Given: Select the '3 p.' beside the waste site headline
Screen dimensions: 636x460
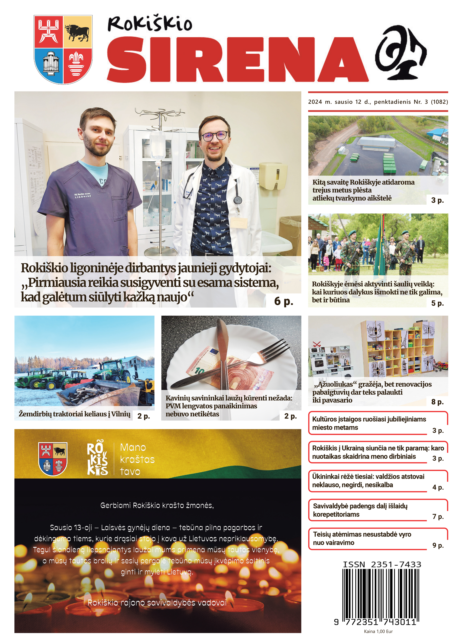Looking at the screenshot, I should pyautogui.click(x=437, y=200).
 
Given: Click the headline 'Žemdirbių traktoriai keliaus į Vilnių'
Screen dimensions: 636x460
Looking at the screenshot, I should pyautogui.click(x=75, y=414).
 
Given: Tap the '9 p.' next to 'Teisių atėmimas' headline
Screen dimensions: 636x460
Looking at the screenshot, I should pyautogui.click(x=438, y=545).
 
